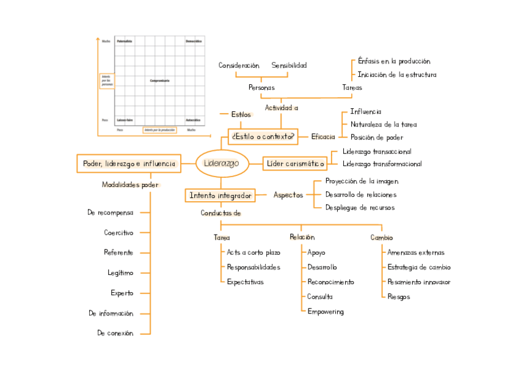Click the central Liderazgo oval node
click(221, 163)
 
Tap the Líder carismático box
click(294, 164)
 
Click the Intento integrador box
click(220, 196)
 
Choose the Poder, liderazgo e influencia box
click(129, 163)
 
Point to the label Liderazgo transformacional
click(382, 164)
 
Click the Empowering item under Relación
click(325, 312)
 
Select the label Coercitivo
click(119, 232)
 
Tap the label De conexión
click(115, 333)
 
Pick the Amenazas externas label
click(416, 252)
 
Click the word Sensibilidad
click(289, 65)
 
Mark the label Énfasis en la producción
click(394, 61)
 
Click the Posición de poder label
click(376, 137)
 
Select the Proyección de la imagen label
click(362, 181)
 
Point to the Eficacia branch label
click(323, 137)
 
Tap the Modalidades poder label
click(130, 185)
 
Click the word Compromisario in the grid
click(159, 80)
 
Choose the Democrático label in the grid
click(193, 40)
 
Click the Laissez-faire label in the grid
click(126, 120)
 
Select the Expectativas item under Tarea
click(245, 282)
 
